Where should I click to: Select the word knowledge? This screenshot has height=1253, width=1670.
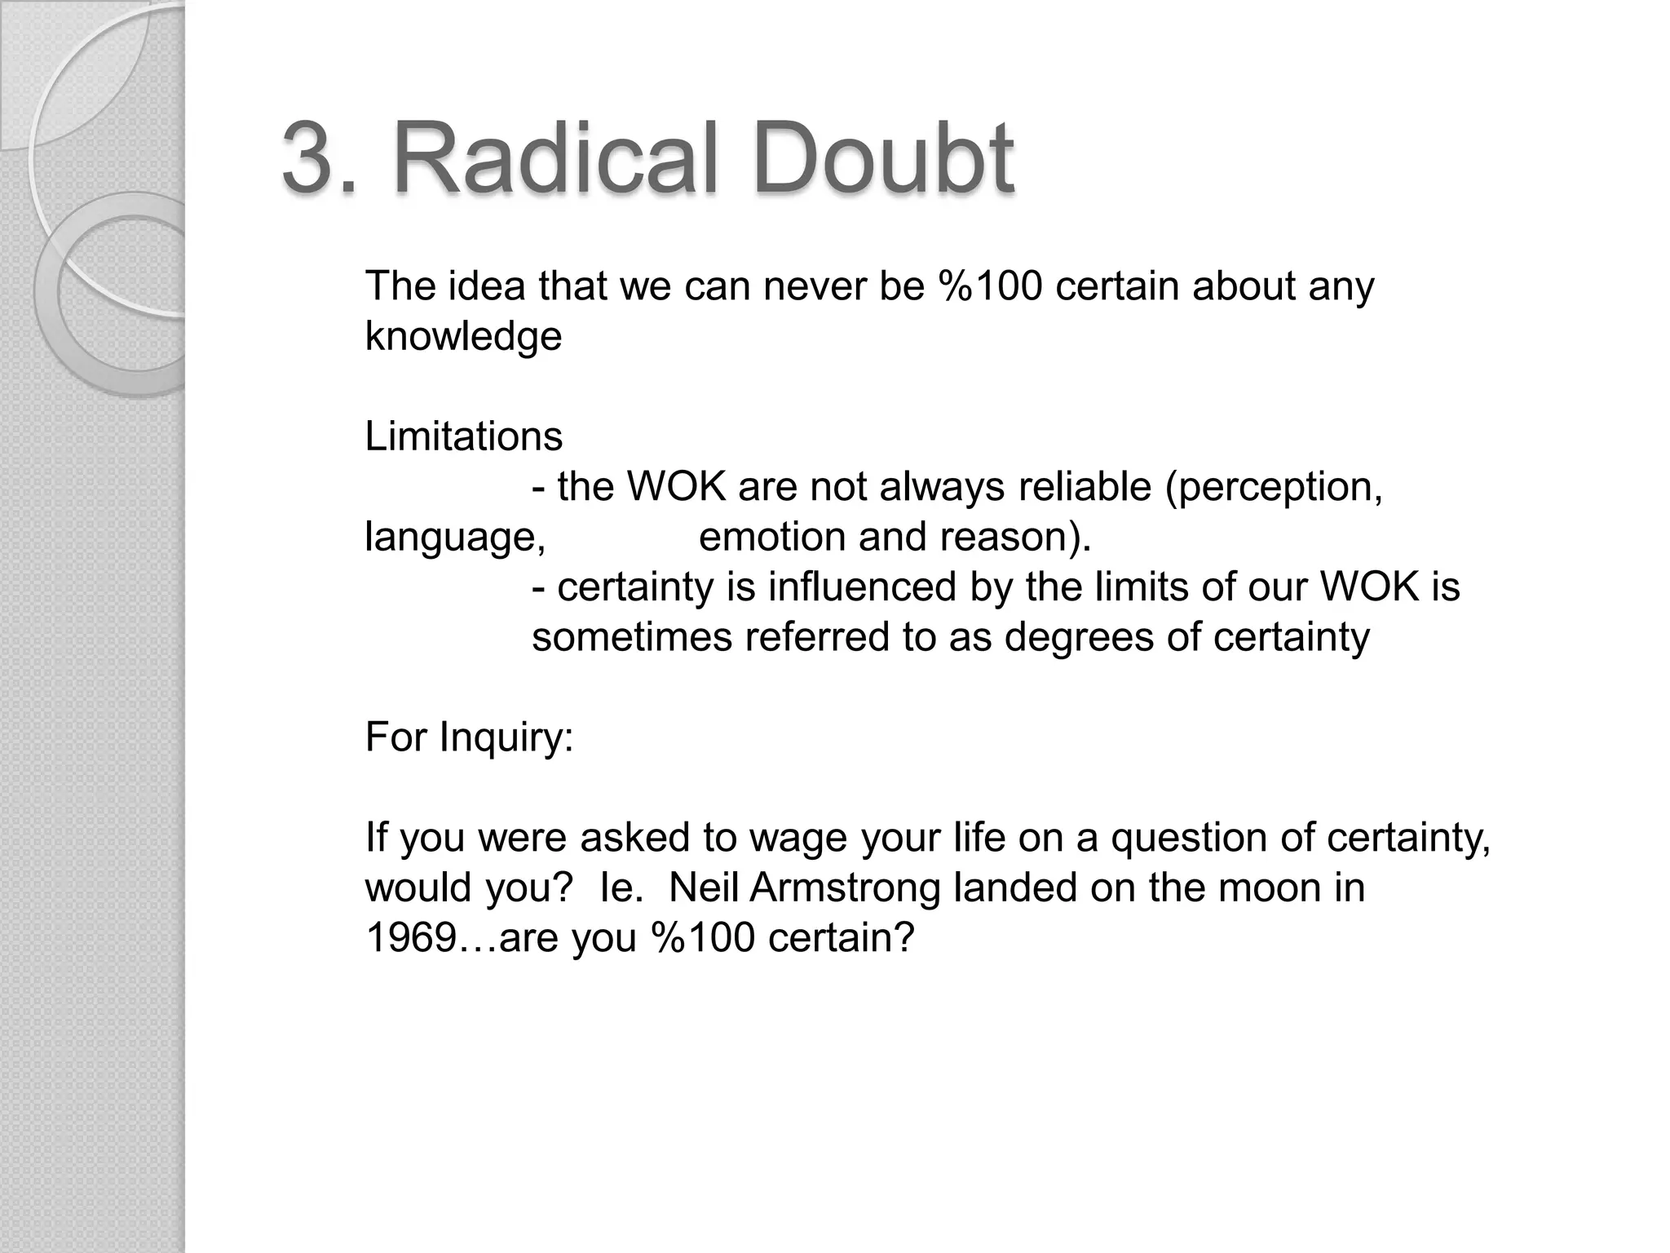click(x=463, y=337)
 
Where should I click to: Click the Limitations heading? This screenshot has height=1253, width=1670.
click(x=463, y=436)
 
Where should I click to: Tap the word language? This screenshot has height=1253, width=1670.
click(x=453, y=538)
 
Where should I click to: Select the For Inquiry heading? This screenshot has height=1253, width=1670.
click(x=469, y=737)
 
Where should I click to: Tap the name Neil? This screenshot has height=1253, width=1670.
click(x=703, y=888)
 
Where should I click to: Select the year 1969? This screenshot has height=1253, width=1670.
click(x=409, y=938)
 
